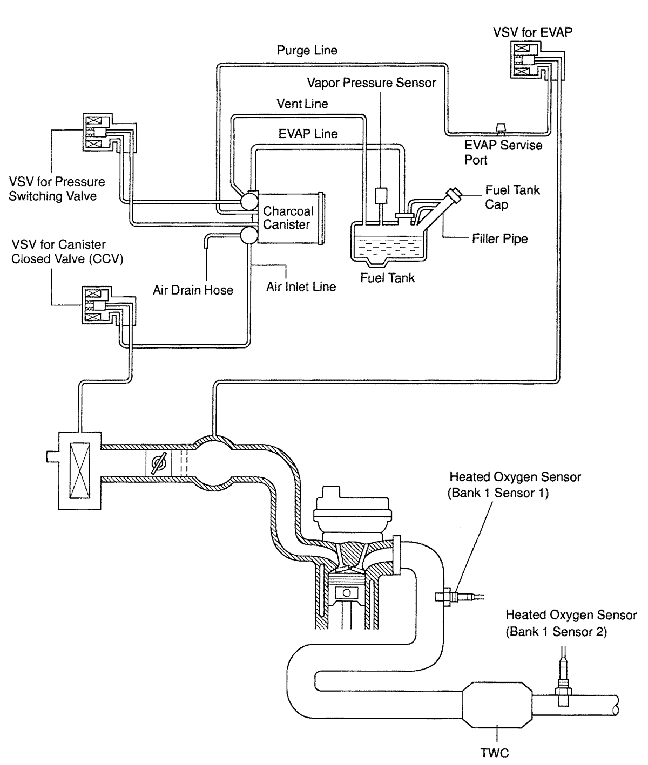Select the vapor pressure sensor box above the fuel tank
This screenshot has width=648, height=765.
tap(381, 195)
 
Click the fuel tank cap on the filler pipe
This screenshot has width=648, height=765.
tap(455, 195)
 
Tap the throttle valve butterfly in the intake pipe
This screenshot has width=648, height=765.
tap(159, 462)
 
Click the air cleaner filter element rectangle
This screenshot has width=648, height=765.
tap(80, 470)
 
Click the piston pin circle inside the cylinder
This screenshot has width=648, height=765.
tap(347, 593)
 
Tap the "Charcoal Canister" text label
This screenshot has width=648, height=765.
tap(288, 217)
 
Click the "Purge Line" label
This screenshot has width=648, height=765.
tap(307, 50)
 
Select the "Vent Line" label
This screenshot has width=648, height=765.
tap(302, 104)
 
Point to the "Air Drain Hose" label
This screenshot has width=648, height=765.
tap(193, 290)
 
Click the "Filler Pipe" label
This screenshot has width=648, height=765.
tap(500, 238)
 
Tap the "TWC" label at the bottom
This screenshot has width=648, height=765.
tap(495, 753)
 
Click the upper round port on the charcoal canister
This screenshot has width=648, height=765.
tap(249, 202)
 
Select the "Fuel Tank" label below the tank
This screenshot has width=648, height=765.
tap(388, 278)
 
